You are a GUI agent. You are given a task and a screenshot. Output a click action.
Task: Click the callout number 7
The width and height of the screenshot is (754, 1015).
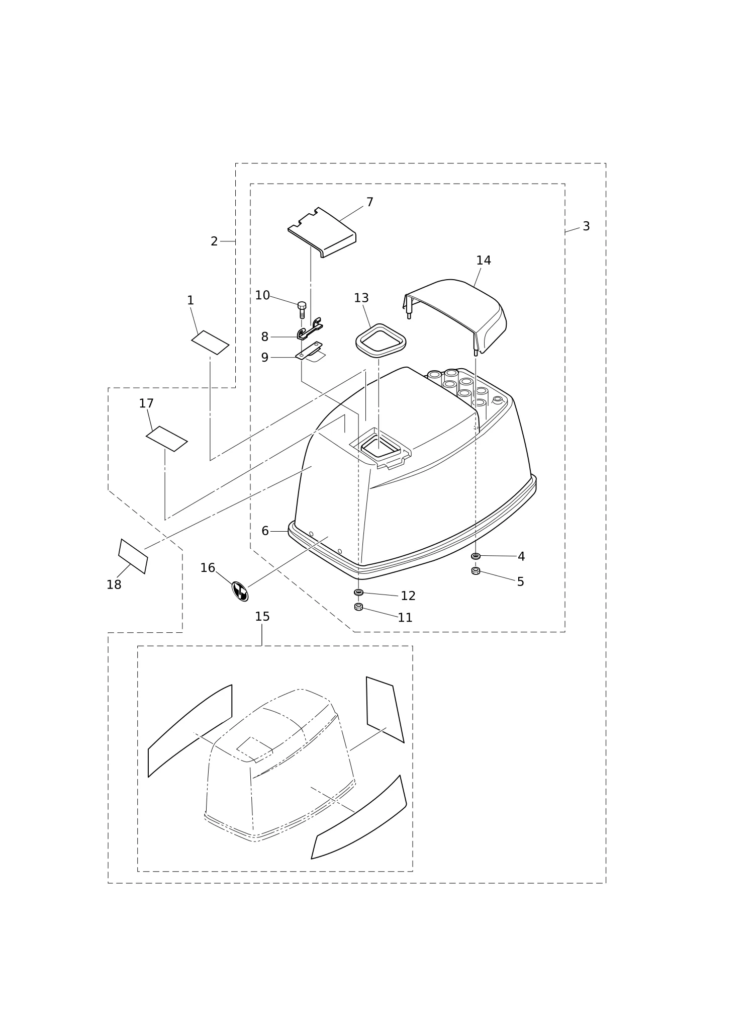point(370,202)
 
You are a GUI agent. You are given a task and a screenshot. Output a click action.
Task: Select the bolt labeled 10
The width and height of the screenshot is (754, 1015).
point(302,310)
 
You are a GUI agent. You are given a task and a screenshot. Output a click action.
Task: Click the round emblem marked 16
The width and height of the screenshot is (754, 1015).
point(240,591)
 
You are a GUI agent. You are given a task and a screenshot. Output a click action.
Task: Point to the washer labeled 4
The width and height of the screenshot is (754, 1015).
point(476,556)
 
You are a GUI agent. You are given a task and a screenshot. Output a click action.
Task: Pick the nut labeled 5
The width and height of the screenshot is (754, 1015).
point(476,571)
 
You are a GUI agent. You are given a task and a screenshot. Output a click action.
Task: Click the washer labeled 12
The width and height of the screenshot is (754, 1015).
point(358,592)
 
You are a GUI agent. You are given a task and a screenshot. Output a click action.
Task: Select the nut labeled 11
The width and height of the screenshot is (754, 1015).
point(358,607)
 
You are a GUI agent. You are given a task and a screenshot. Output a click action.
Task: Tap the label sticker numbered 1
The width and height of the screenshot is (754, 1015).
point(210,343)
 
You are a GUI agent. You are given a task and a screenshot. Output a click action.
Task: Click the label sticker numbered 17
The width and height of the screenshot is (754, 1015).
point(167,439)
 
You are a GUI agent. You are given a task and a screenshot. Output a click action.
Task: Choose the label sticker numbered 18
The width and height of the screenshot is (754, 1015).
point(133,556)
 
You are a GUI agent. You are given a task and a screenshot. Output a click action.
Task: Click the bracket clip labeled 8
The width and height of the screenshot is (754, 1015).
point(310,329)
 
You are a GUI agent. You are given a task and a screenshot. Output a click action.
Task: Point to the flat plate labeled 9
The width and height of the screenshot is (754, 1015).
point(309,351)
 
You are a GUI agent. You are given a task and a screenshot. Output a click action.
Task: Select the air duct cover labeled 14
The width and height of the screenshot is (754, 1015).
point(454,316)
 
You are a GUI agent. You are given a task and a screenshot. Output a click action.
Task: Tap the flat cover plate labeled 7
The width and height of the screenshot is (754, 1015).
point(322,232)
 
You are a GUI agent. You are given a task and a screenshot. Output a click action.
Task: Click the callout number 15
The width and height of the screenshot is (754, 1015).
point(262,617)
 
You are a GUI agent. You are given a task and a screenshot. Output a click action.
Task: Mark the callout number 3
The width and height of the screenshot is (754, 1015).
point(586,226)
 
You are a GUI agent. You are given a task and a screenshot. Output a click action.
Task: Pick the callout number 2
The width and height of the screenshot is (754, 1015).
point(214,241)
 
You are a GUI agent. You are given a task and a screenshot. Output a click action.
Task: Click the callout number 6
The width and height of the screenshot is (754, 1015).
point(265,531)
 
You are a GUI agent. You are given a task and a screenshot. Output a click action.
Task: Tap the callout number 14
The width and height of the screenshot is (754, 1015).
point(484,261)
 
